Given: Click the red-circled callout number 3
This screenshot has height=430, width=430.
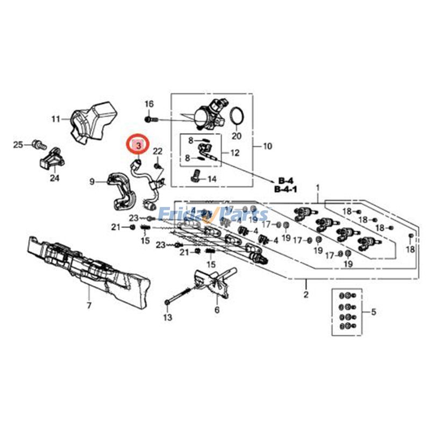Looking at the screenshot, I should tap(138, 145).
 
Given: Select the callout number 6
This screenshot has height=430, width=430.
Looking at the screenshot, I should tap(217, 310).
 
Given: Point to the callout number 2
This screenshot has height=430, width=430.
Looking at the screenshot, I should tap(306, 294).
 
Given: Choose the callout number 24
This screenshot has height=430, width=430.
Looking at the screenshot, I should tap(54, 178).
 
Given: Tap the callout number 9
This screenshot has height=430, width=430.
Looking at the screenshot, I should tap(91, 182).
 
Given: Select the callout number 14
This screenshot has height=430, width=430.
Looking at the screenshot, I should tap(212, 179).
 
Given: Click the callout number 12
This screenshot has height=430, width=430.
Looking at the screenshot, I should tap(235, 153).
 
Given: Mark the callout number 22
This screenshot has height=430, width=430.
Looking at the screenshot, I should tap(157, 151).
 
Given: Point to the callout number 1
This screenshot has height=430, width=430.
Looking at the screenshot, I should tap(318, 188).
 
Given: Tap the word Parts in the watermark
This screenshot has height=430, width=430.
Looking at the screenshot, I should tap(247, 214).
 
